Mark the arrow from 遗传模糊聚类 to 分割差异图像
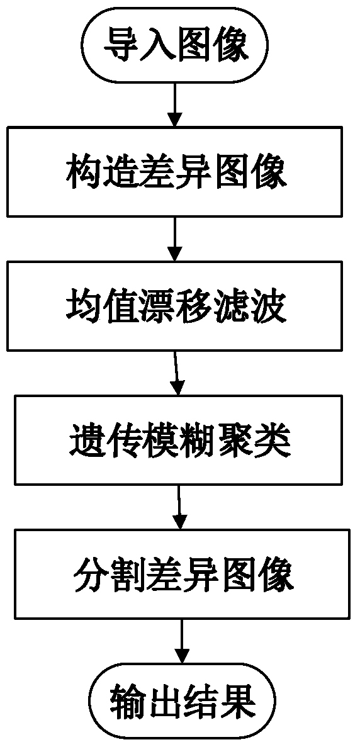pos(179,506)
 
